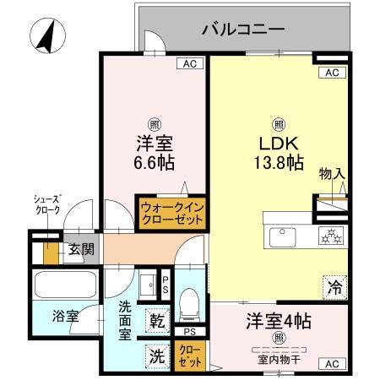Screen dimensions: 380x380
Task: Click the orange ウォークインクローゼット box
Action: pyautogui.click(x=172, y=212)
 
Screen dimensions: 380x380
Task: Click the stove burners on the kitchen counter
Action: pyautogui.click(x=329, y=236)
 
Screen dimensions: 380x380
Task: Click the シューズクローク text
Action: pyautogui.click(x=46, y=204)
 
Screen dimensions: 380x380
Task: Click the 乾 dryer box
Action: pyautogui.click(x=157, y=320)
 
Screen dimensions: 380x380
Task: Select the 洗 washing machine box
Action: pyautogui.click(x=157, y=356)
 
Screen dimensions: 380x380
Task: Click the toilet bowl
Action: pyautogui.click(x=190, y=300)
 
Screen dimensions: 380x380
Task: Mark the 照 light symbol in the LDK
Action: pyautogui.click(x=278, y=121)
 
